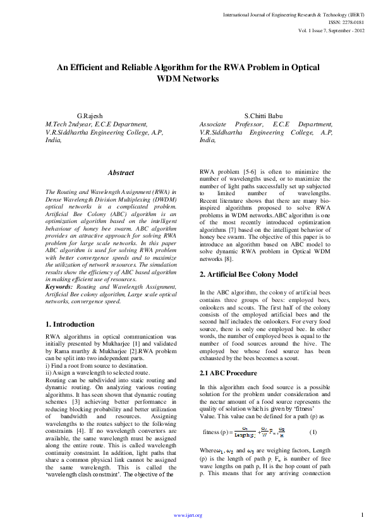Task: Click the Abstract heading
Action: (x=121, y=172)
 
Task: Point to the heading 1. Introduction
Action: (x=70, y=325)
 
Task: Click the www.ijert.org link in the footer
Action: (x=188, y=515)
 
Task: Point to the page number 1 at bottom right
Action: (x=362, y=514)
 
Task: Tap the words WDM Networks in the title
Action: (x=188, y=79)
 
